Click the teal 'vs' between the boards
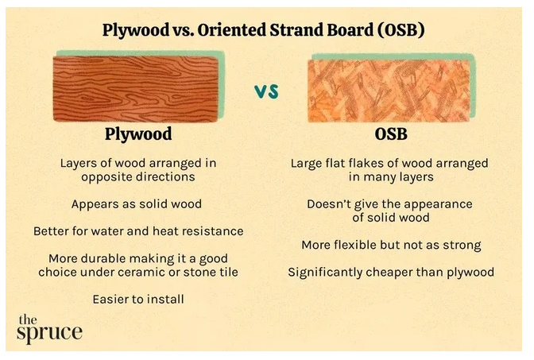(267, 91)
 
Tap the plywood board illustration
(136, 89)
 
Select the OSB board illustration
(389, 91)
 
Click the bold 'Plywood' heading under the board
(138, 134)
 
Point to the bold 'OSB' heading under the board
(391, 134)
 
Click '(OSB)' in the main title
(401, 30)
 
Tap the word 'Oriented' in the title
(232, 30)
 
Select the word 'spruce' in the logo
(50, 332)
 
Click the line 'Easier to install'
(138, 300)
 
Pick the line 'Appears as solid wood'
(137, 204)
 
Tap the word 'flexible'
(354, 245)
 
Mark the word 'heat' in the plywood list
(165, 231)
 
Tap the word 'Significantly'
(325, 273)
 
